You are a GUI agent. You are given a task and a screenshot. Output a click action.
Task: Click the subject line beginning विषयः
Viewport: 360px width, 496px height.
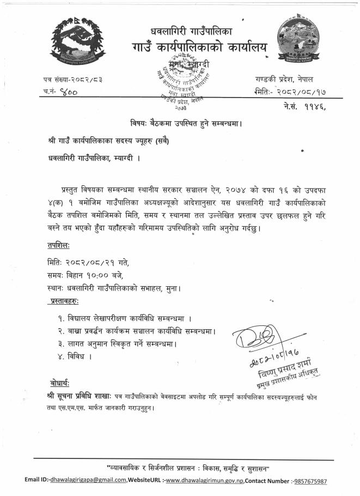(180, 123)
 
